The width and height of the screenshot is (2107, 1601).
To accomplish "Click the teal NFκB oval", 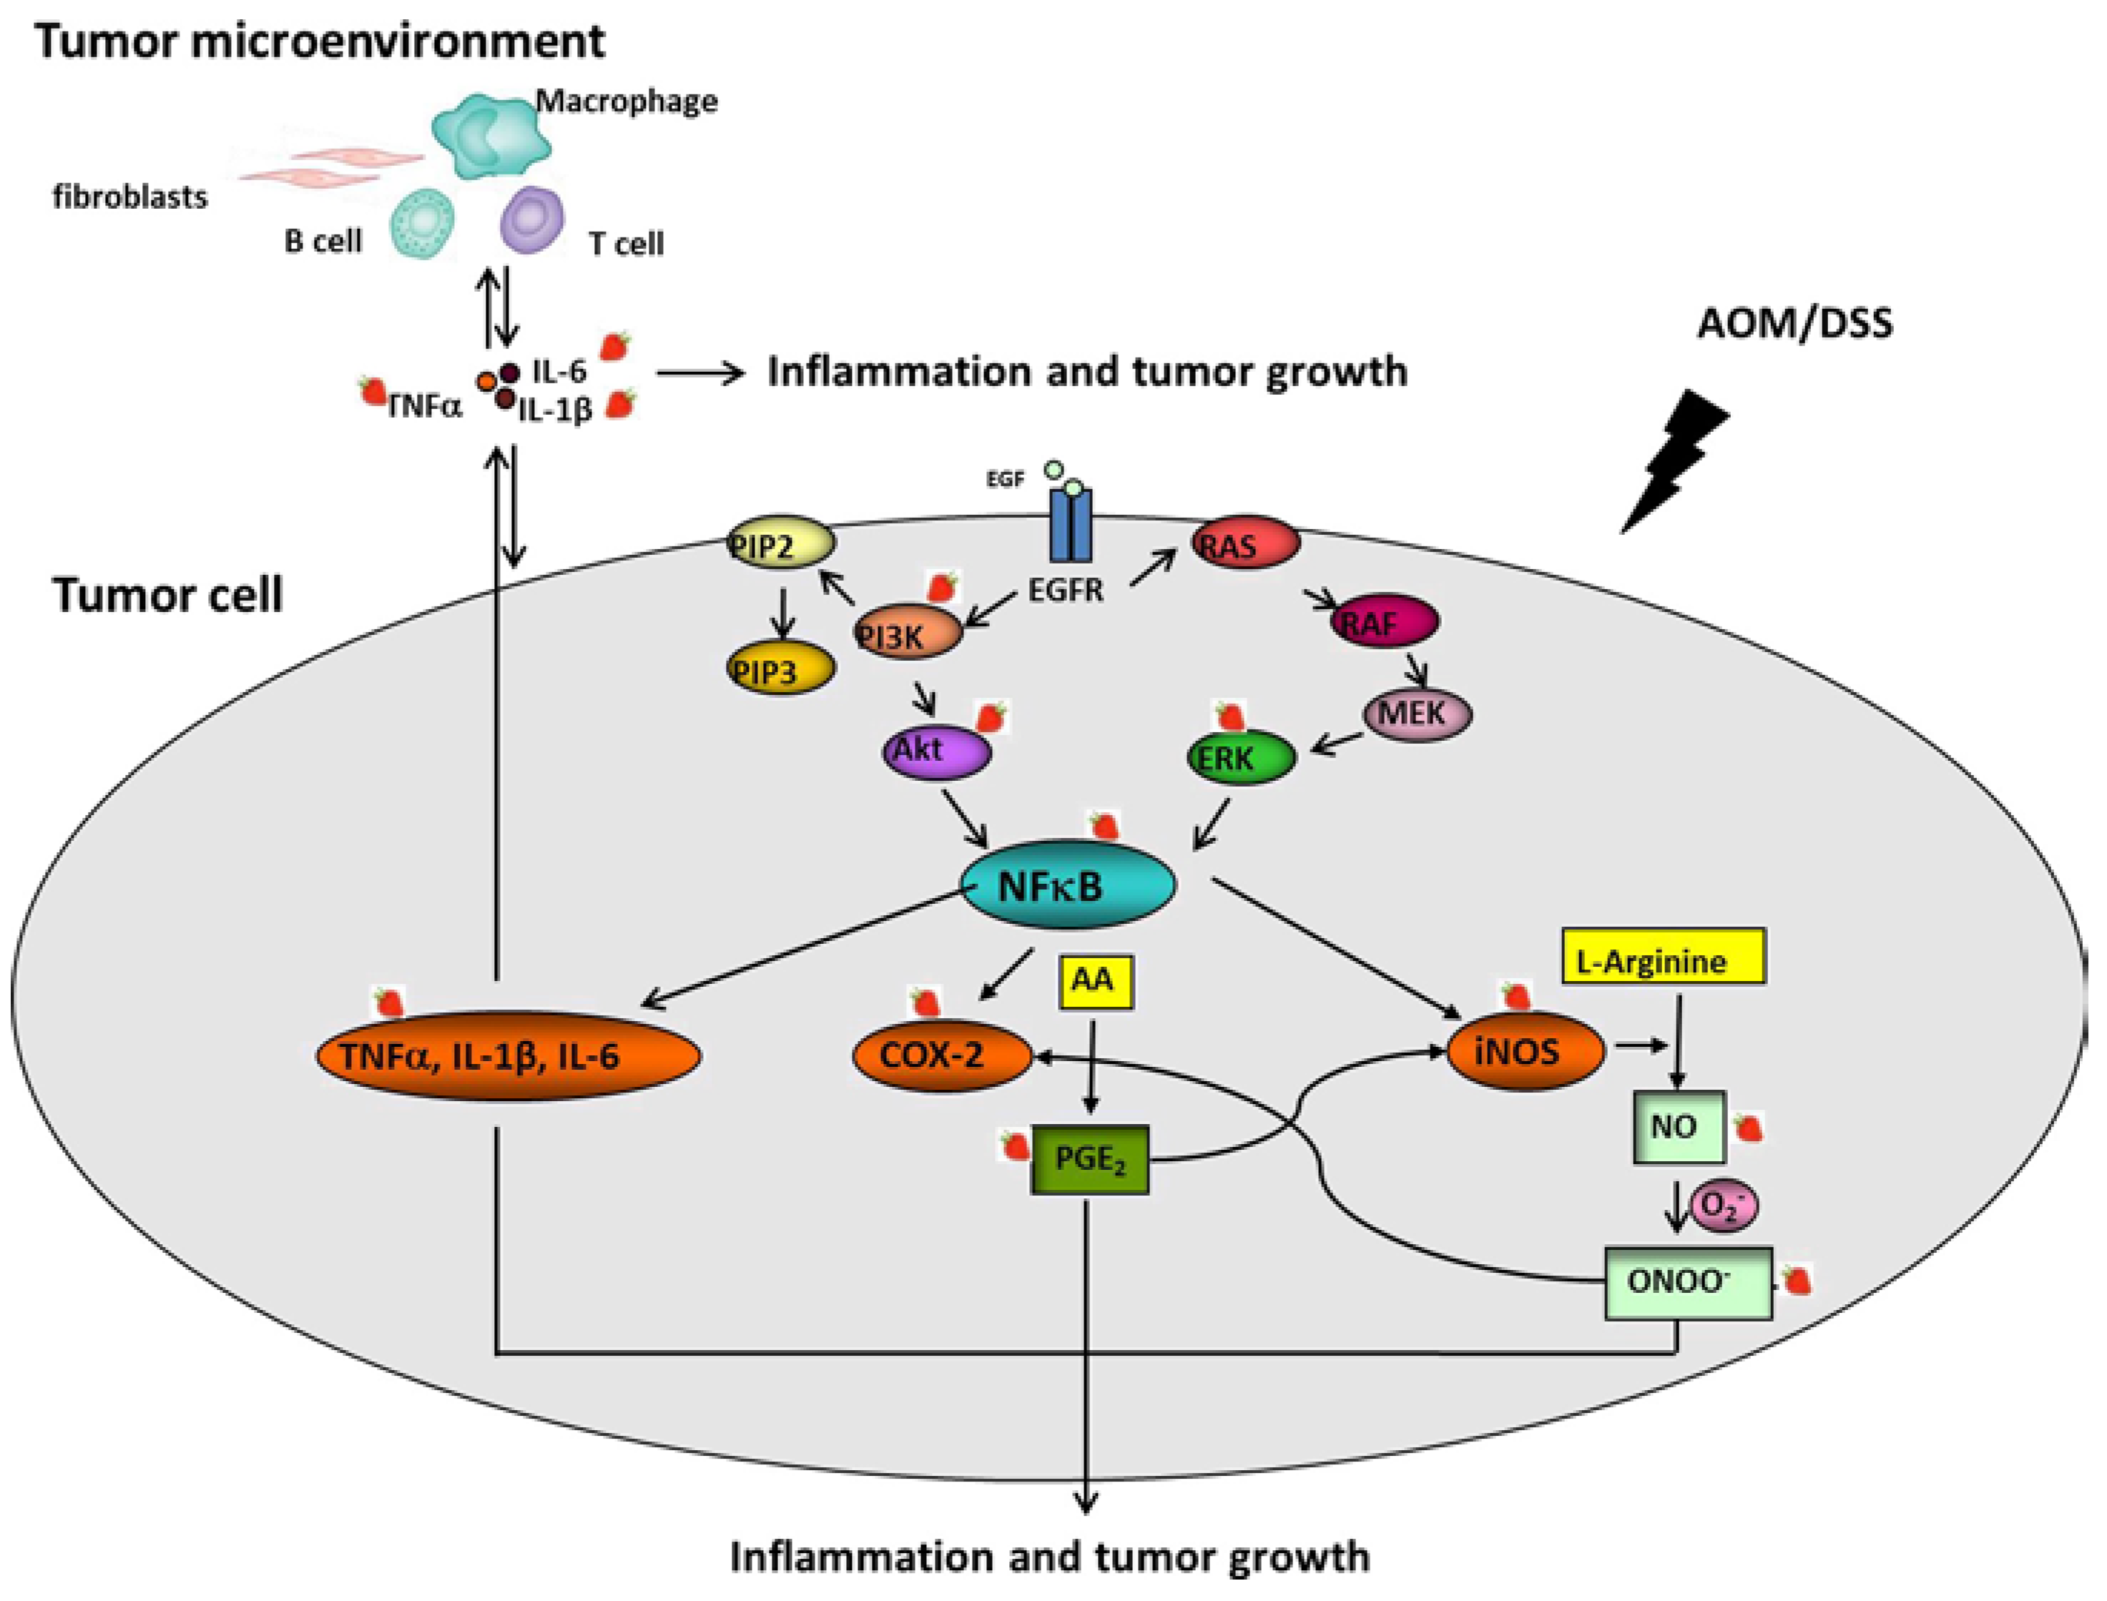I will (1070, 885).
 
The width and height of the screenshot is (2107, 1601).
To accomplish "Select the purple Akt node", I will (935, 752).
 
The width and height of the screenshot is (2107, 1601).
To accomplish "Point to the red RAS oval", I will (1244, 544).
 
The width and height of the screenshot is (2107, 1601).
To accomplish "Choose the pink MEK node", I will (1417, 714).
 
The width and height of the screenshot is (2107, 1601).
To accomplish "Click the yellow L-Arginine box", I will (1662, 957).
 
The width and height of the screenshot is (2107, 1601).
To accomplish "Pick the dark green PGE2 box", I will (1089, 1159).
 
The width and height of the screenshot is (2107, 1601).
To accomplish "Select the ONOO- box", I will (1686, 1282).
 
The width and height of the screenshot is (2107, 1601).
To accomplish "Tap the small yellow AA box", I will (1094, 982).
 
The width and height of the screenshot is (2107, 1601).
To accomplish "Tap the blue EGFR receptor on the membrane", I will (1070, 524).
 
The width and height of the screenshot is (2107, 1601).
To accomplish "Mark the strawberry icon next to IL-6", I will (617, 347).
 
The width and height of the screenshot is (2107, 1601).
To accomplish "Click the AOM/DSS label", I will (1794, 324).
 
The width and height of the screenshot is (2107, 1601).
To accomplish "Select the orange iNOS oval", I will (1525, 1052).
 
